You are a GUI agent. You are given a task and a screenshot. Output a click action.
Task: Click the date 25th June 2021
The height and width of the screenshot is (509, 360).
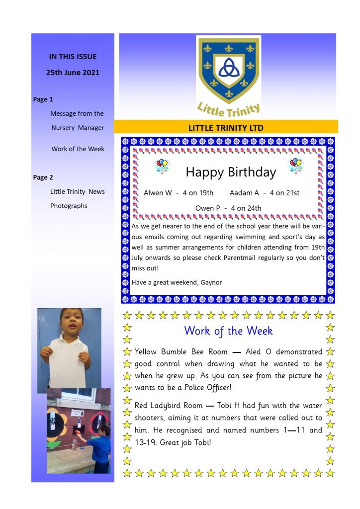[73, 73]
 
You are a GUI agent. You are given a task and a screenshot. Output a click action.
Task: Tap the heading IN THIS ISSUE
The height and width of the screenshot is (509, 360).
[73, 57]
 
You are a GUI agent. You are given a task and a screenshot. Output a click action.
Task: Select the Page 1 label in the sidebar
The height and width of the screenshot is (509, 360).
[43, 99]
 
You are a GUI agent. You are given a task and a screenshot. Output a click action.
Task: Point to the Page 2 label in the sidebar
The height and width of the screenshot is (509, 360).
[43, 177]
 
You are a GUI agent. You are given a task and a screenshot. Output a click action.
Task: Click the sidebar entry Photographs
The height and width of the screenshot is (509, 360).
[69, 206]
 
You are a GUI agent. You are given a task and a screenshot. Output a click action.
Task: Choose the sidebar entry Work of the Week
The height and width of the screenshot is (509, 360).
[78, 149]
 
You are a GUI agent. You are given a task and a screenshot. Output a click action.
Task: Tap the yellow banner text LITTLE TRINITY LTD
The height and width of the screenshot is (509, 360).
[226, 128]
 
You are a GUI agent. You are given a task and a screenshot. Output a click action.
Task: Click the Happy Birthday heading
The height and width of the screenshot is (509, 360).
[230, 172]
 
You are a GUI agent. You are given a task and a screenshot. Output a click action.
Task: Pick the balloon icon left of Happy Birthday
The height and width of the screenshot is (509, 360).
[163, 166]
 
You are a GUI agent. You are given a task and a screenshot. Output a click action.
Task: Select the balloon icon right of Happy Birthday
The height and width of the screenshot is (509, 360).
[295, 166]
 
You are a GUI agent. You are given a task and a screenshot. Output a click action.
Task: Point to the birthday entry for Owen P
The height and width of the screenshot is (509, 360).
[228, 208]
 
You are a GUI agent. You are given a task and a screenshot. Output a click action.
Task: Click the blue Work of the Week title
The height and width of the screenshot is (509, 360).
[228, 331]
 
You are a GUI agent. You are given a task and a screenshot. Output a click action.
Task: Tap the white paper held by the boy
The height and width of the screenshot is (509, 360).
[68, 363]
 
